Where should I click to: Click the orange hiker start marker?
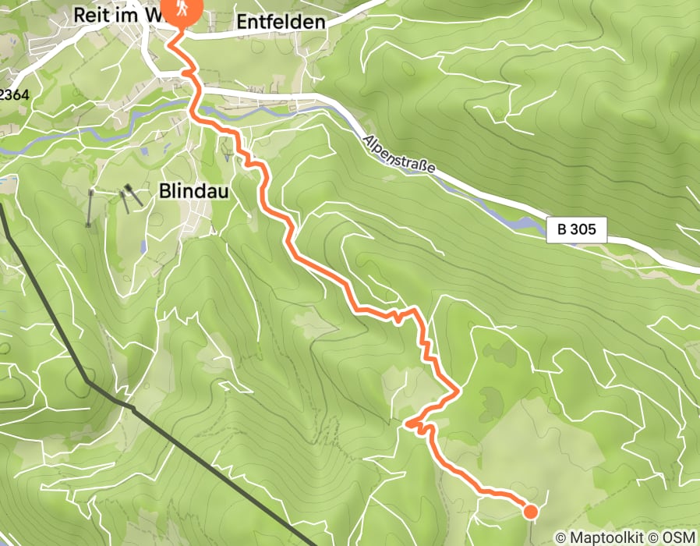[x=182, y=11]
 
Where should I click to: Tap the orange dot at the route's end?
[x=530, y=512]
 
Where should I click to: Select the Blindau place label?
[x=194, y=190]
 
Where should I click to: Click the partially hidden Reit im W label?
[x=117, y=14]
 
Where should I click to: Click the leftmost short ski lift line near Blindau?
[x=90, y=209]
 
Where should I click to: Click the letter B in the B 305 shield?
[x=562, y=230]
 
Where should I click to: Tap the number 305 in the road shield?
[x=584, y=230]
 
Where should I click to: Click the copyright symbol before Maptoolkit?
[x=560, y=537]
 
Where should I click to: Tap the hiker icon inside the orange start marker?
[x=182, y=9]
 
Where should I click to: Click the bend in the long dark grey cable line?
[x=89, y=382]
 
